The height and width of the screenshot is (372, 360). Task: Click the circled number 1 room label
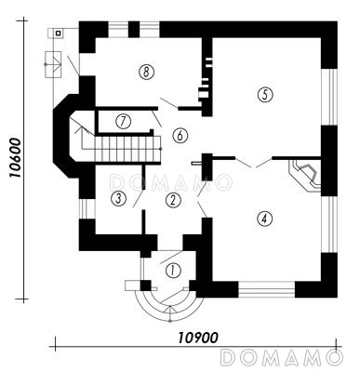[x=173, y=271]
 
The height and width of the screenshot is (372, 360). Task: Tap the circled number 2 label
[x=173, y=200]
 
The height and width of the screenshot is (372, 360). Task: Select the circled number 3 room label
[x=118, y=198]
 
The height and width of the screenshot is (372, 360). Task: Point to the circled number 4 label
[x=264, y=219]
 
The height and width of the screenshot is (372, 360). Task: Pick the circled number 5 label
[x=265, y=95]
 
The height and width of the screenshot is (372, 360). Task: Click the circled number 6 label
[x=180, y=136]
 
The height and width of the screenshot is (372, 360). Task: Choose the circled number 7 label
[x=123, y=121]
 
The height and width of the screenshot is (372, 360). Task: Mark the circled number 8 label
[x=146, y=73]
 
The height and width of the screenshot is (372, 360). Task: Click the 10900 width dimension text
[x=198, y=338]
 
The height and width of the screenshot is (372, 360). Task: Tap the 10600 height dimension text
[x=15, y=158]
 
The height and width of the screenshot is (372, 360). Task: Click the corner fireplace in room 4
[x=305, y=176]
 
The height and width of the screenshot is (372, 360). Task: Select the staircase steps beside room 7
[x=127, y=150]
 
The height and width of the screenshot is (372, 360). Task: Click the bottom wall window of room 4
[x=266, y=289]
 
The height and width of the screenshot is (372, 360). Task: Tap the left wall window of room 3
[x=87, y=208]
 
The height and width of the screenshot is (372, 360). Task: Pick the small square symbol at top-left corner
[x=58, y=33]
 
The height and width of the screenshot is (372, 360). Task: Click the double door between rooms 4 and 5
[x=254, y=163]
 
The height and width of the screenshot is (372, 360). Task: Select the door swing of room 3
[x=138, y=198]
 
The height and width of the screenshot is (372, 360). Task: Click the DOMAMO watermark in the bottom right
[x=281, y=357]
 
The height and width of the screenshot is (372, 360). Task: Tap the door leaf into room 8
[x=169, y=103]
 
